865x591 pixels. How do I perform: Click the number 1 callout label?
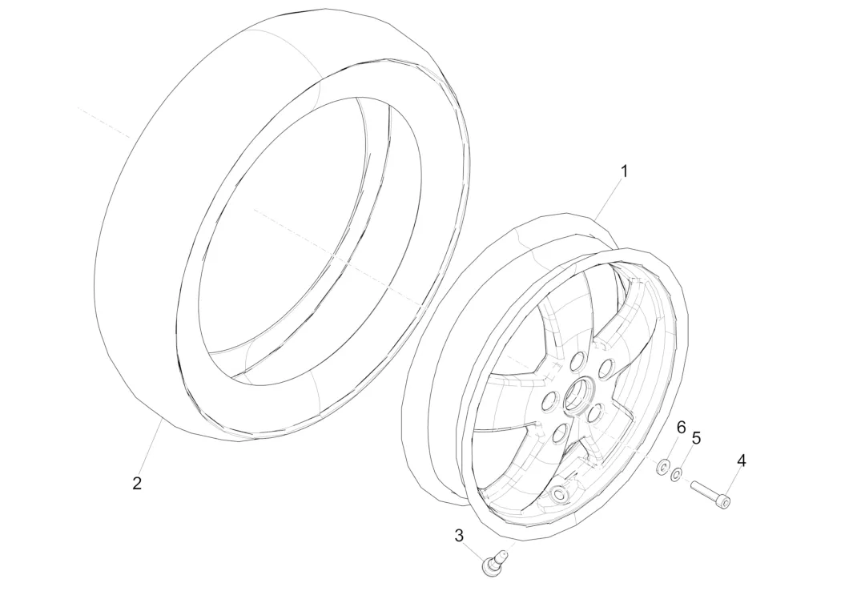(625, 171)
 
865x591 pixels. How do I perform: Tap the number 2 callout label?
(137, 483)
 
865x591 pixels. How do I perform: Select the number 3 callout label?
(459, 535)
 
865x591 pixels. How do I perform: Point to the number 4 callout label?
(742, 460)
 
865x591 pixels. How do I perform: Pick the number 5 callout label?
(696, 438)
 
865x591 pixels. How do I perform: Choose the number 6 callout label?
(681, 427)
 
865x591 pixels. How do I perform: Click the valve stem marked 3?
(491, 561)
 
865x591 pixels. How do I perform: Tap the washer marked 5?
(678, 476)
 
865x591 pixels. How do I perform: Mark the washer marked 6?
(663, 466)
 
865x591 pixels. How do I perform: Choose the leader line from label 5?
(688, 456)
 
